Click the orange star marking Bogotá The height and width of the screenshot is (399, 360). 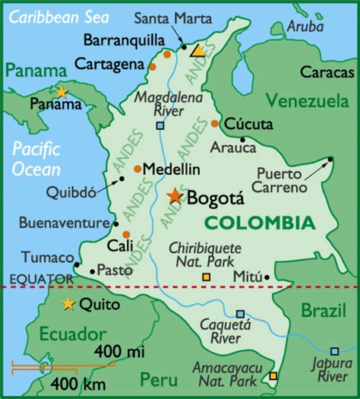[x=175, y=196]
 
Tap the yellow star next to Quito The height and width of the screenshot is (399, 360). [x=68, y=305]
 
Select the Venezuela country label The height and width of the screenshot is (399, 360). [x=307, y=101]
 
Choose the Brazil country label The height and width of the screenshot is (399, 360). [x=323, y=310]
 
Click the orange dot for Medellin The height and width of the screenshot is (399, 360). [x=137, y=169]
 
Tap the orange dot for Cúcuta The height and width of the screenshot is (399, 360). [x=216, y=123]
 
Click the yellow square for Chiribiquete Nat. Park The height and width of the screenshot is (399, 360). [x=206, y=277]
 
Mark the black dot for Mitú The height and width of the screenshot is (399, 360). [x=269, y=277]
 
